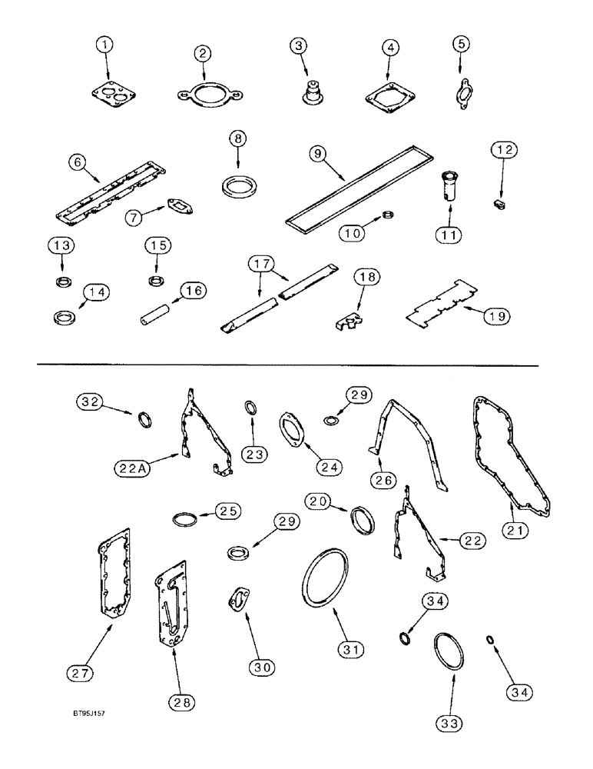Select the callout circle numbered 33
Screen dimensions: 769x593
click(x=449, y=724)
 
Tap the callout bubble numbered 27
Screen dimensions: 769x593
click(x=81, y=673)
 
